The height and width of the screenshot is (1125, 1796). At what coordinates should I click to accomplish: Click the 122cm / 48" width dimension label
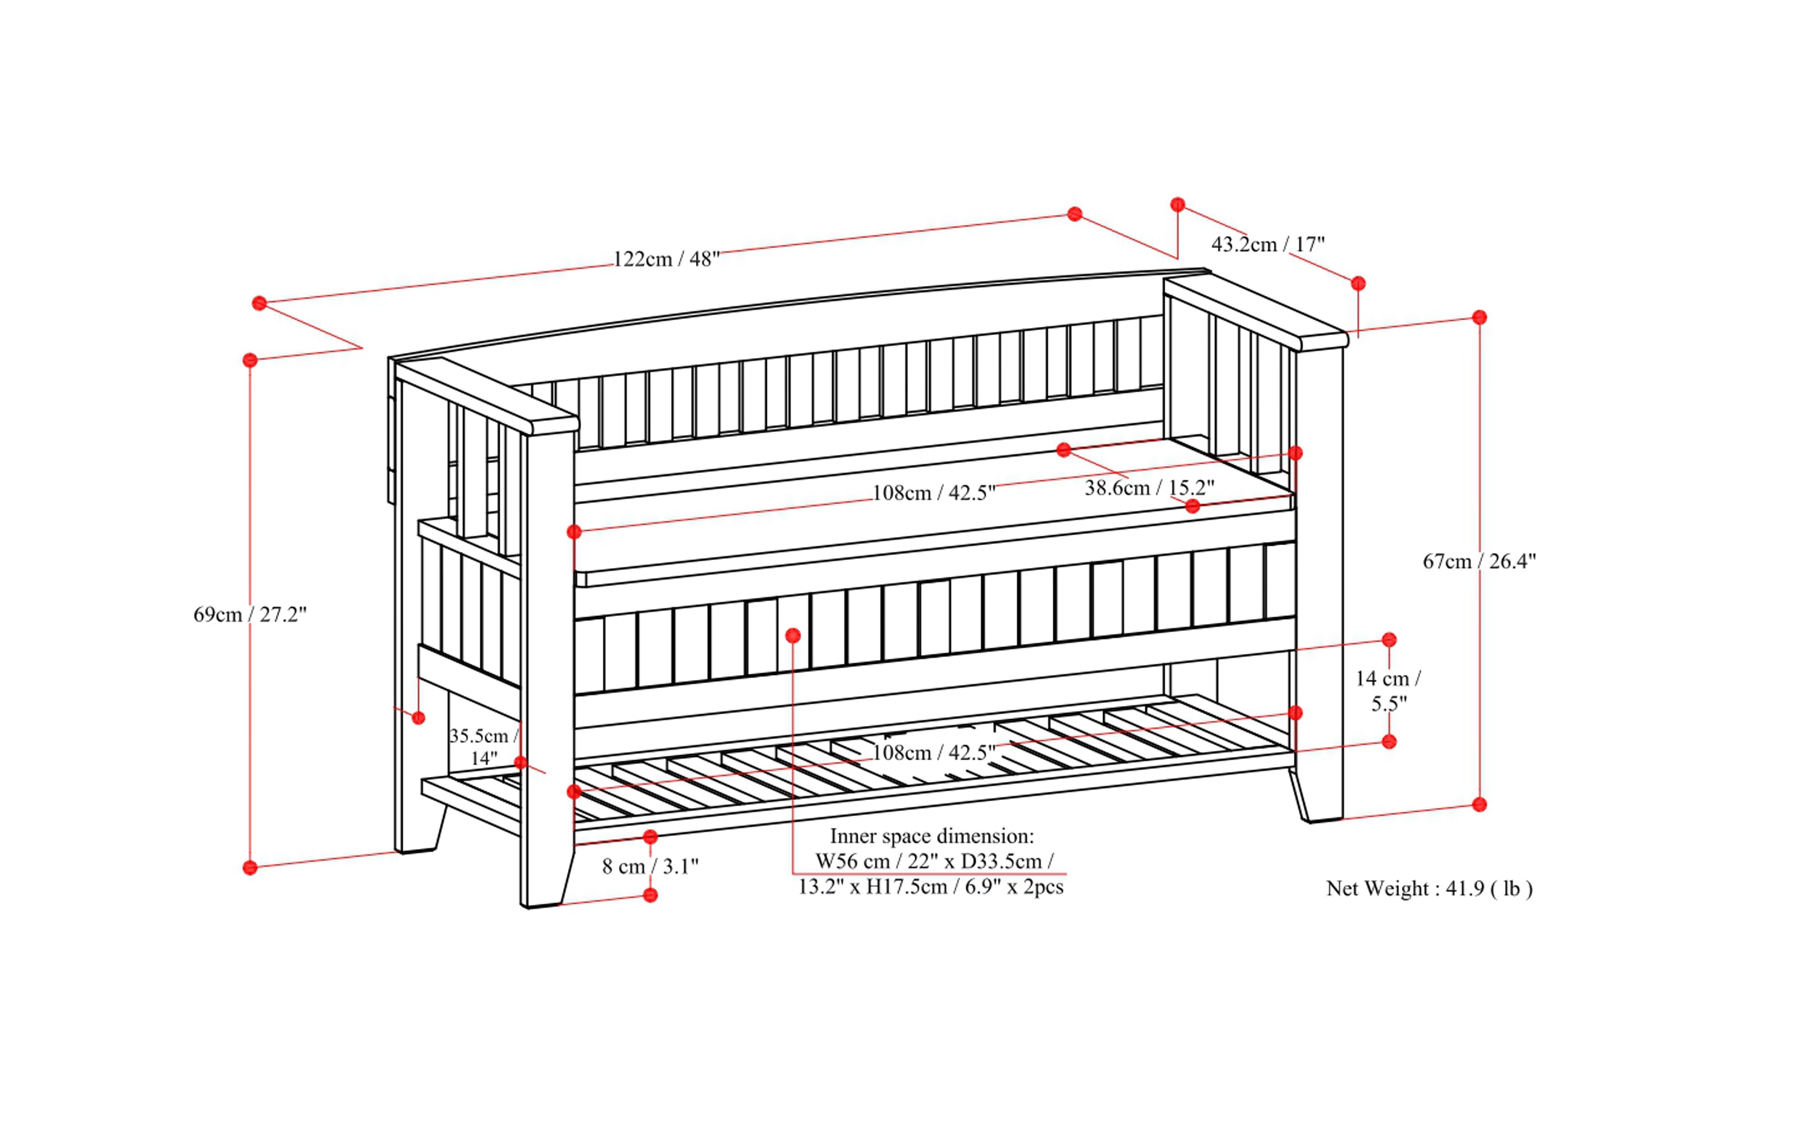click(666, 259)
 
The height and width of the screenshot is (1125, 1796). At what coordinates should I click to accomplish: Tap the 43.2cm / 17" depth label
click(1268, 244)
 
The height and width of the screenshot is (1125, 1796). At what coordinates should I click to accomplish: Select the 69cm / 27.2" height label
click(250, 615)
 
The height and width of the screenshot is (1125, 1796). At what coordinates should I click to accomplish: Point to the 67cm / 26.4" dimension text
click(1479, 561)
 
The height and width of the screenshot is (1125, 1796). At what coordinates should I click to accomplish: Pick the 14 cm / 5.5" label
click(1388, 691)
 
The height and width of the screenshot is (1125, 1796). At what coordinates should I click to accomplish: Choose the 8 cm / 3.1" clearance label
click(650, 866)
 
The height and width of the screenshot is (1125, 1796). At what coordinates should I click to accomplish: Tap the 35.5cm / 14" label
click(483, 746)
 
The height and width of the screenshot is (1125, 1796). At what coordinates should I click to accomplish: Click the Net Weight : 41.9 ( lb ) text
click(1429, 888)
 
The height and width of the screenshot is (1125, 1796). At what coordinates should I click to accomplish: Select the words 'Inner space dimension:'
click(932, 837)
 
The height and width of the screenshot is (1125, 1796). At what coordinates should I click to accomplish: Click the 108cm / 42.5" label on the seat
click(933, 492)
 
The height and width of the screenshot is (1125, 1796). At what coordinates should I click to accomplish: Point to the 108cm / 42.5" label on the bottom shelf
click(933, 752)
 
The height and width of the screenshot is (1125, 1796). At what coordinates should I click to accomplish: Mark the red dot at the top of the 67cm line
click(1479, 318)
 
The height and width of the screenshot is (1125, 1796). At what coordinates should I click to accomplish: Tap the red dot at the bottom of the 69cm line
click(250, 868)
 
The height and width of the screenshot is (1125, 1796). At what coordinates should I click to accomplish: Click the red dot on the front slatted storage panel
click(793, 635)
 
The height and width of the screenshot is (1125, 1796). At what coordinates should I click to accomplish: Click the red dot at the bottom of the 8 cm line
click(650, 895)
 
